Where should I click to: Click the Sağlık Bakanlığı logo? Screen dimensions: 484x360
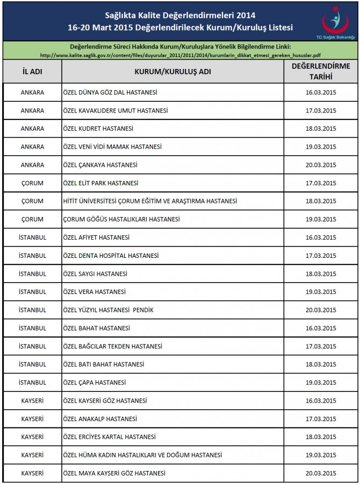point(335,24)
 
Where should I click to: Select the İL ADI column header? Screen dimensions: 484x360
point(32,72)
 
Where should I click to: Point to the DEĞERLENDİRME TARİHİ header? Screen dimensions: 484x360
point(320,72)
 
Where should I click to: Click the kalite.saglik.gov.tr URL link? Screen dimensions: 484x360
point(181,55)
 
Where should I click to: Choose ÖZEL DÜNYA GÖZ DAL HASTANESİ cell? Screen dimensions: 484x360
point(110,93)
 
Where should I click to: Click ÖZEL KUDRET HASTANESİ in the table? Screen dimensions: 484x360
point(98,129)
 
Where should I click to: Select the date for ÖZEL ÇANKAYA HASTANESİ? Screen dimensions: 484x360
point(320,165)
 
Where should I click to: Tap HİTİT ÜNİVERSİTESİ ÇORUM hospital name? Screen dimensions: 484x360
point(150,201)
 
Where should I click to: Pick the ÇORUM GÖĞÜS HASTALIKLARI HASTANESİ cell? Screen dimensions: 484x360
point(121,219)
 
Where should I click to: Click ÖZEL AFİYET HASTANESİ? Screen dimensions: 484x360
point(96,237)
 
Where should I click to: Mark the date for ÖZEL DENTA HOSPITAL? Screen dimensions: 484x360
point(320,256)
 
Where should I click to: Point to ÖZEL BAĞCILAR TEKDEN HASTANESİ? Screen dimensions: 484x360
point(113,346)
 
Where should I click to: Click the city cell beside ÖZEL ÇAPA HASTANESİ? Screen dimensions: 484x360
point(32,382)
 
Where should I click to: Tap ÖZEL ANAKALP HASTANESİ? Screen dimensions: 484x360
point(100,419)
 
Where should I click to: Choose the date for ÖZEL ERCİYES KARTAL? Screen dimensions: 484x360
point(320,437)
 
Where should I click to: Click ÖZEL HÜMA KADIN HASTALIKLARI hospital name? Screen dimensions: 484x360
point(142,455)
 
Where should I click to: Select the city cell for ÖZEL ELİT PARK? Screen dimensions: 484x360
point(32,183)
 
